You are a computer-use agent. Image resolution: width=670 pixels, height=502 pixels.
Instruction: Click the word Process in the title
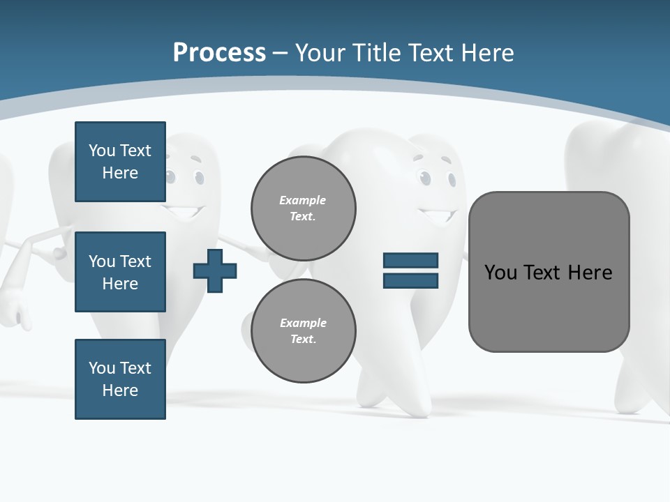coord(219,52)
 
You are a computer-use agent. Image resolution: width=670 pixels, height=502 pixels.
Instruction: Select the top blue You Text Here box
coord(120,162)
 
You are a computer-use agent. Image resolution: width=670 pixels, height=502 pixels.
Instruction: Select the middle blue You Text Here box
coord(120,272)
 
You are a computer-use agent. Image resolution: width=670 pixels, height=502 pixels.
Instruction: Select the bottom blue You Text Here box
coord(120,379)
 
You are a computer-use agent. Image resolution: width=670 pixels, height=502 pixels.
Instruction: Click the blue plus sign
coord(215,271)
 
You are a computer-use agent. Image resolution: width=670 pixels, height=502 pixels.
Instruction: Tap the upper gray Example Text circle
coord(304,208)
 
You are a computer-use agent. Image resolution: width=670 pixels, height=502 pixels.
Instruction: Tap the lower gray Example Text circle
coord(304,331)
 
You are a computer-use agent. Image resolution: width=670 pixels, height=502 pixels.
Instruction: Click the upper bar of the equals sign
coord(410,260)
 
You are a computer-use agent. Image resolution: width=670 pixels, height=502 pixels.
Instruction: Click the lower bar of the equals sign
coord(410,281)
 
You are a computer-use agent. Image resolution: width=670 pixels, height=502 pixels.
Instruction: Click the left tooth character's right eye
coord(200,177)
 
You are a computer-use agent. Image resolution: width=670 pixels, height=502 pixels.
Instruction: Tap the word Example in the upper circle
coord(302,200)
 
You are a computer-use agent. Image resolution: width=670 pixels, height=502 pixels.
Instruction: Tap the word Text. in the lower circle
coord(303,340)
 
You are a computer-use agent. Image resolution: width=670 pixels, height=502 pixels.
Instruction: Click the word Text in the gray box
coord(543,272)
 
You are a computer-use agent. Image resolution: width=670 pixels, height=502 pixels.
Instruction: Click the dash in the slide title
coord(281,53)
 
